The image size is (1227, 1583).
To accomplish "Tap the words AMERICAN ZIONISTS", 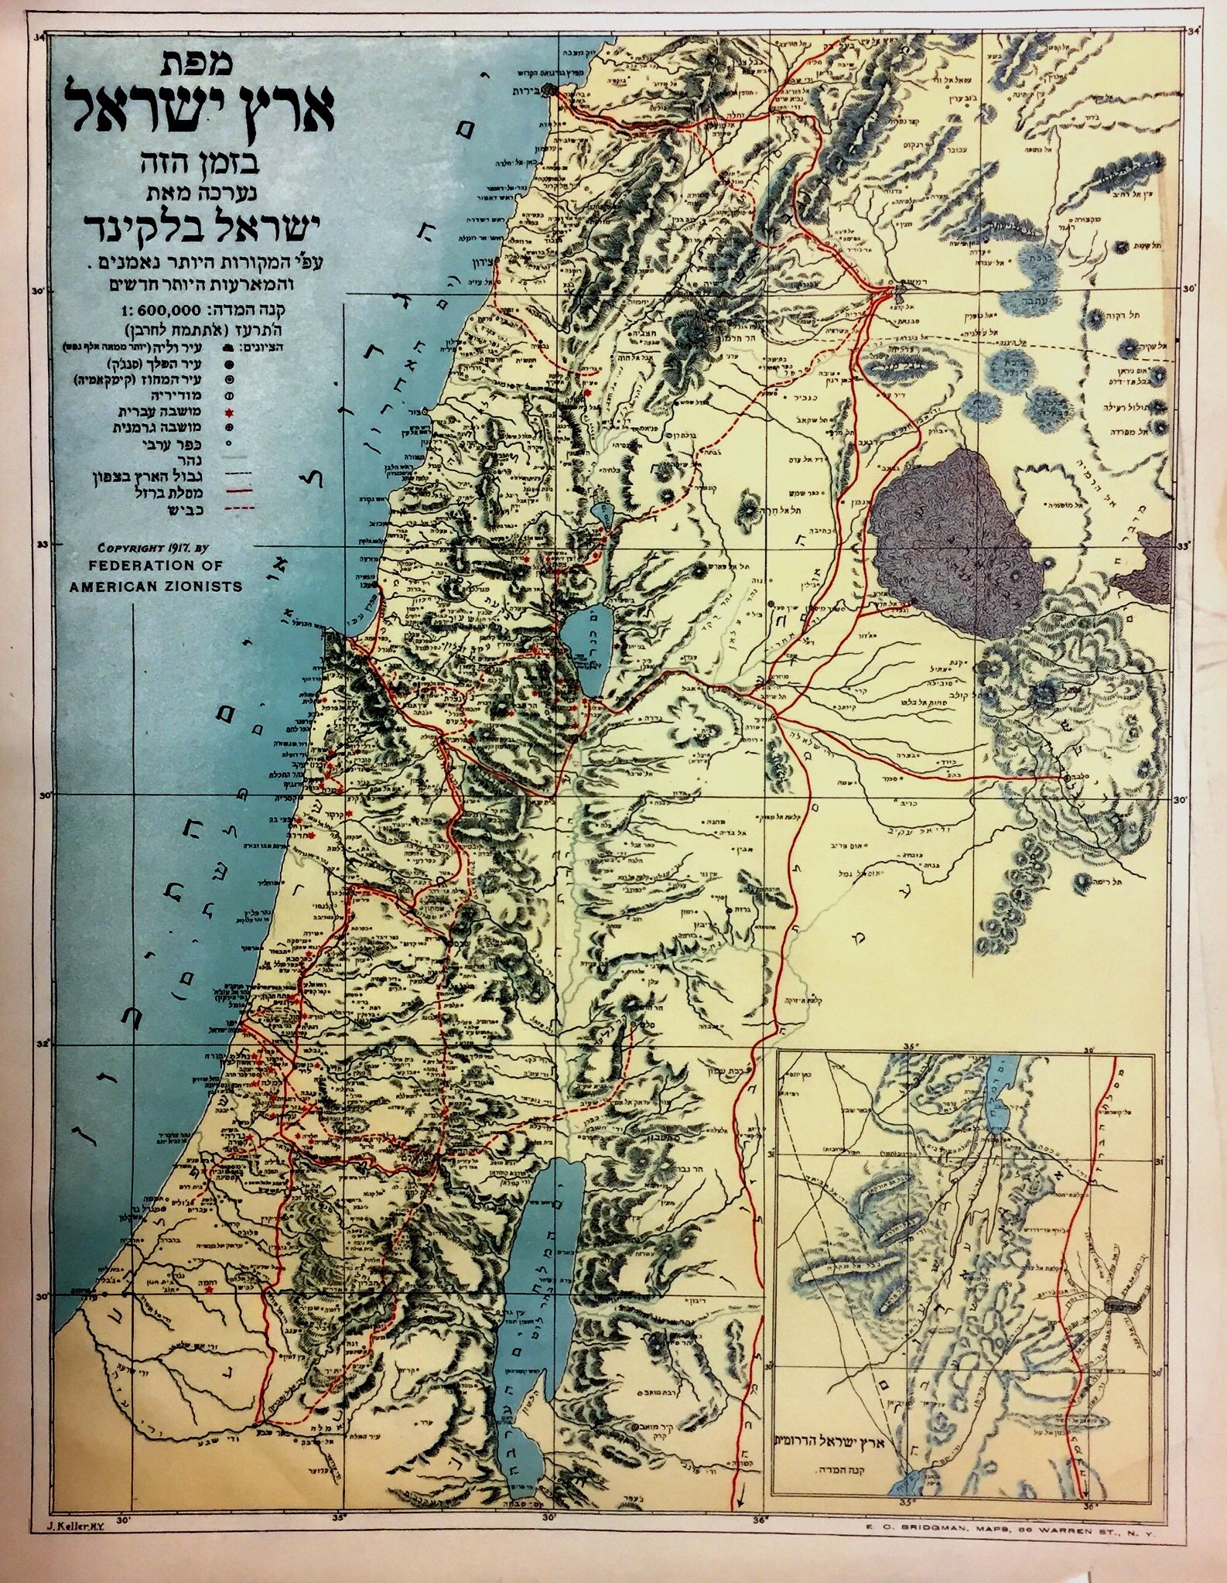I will [x=156, y=586].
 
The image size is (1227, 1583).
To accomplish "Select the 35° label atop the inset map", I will [x=910, y=1047].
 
